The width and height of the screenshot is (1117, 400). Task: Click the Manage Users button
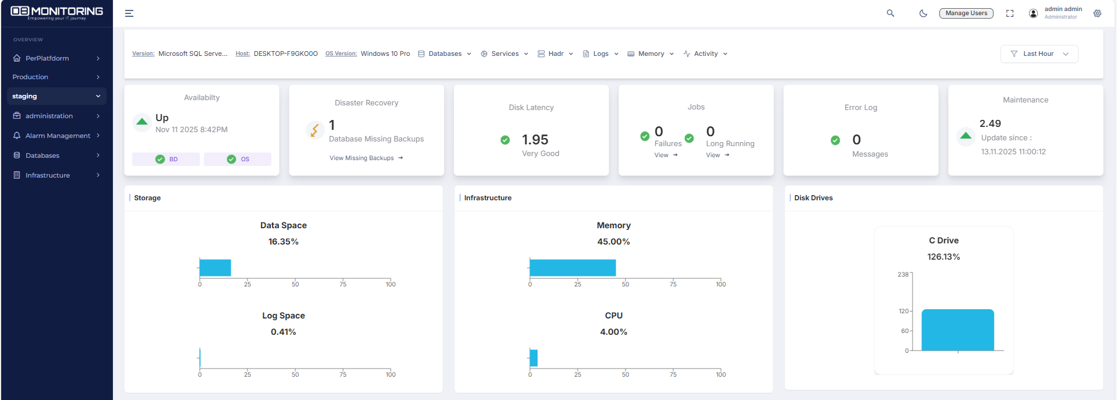tap(966, 13)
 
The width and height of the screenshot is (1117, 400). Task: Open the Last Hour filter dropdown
tap(1039, 54)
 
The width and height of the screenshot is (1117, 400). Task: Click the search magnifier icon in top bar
tap(890, 13)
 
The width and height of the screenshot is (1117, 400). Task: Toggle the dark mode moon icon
tap(923, 13)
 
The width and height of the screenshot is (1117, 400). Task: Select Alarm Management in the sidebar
tap(57, 136)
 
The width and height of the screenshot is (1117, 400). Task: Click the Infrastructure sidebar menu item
tap(48, 175)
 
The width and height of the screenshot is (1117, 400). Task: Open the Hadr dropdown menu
tap(556, 54)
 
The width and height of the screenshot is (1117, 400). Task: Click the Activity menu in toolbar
tap(705, 54)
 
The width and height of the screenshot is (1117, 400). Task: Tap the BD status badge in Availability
tap(166, 159)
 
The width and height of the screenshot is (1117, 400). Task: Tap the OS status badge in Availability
tap(238, 159)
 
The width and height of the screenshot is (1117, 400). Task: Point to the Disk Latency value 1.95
tap(535, 140)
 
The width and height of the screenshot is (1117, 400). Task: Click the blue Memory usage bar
tap(572, 268)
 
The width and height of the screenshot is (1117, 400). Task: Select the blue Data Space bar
tap(215, 268)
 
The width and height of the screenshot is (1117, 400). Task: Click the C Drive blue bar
tap(957, 330)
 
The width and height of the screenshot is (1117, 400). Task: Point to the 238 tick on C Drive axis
tap(903, 274)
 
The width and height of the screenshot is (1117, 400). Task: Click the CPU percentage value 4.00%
tap(613, 332)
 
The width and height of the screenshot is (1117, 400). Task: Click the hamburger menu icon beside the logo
tap(129, 13)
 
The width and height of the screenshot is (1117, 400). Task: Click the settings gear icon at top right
tap(1097, 13)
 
